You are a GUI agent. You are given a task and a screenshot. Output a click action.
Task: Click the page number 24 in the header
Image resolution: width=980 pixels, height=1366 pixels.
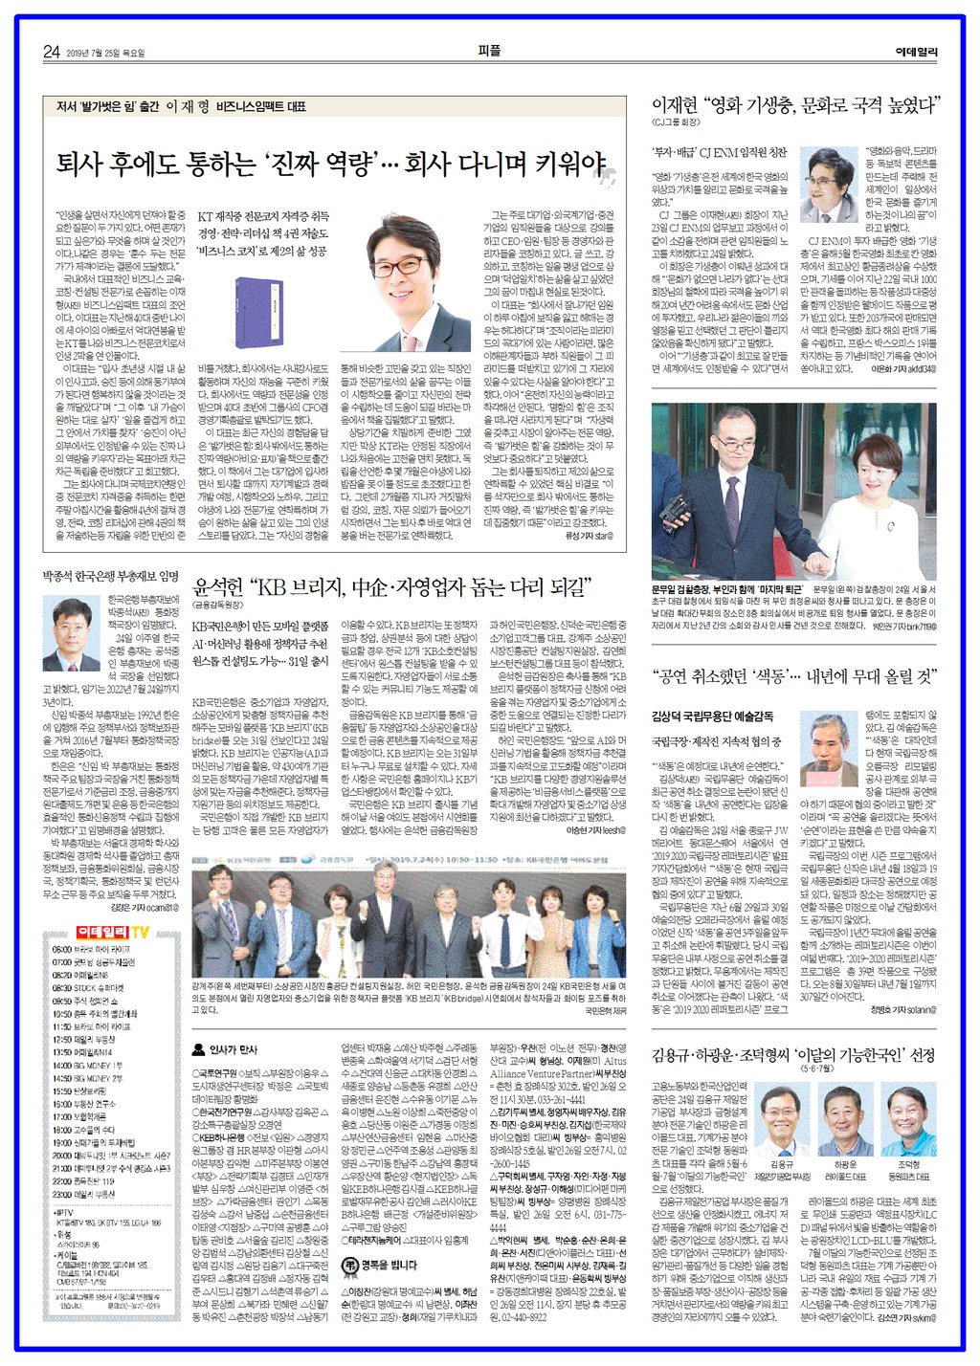pyautogui.click(x=52, y=52)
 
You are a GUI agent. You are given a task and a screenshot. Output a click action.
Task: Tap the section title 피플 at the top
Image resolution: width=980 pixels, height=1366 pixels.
pyautogui.click(x=489, y=51)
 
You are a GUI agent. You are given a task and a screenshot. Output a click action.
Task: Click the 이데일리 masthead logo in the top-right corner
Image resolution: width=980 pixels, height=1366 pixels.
pyautogui.click(x=916, y=52)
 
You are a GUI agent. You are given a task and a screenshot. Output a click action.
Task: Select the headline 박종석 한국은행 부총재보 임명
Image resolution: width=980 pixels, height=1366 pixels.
pyautogui.click(x=110, y=577)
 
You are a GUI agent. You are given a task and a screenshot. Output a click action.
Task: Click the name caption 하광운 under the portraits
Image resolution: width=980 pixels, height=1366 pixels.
pyautogui.click(x=845, y=1164)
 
